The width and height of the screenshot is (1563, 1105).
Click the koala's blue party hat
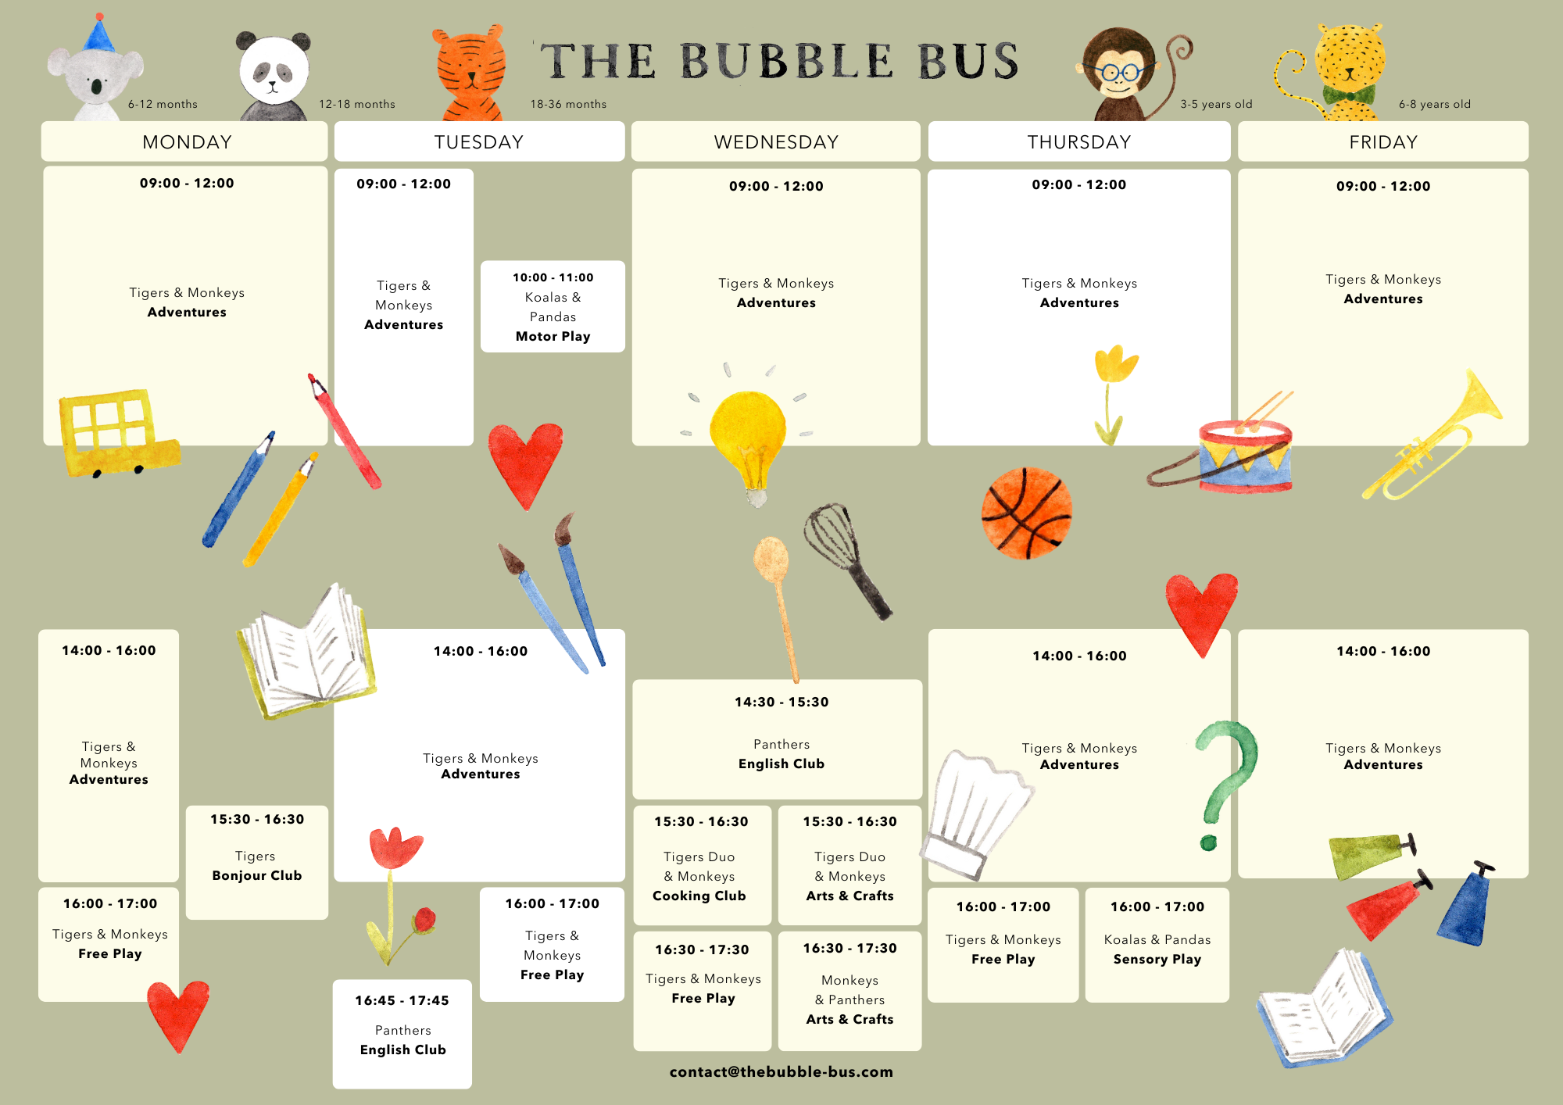[98, 35]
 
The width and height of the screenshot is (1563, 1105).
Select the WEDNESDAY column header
[776, 142]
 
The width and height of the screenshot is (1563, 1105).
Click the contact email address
[781, 1071]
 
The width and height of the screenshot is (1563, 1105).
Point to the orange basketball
[1026, 513]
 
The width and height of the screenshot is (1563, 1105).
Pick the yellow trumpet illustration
[1430, 438]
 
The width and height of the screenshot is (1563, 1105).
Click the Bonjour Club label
[256, 875]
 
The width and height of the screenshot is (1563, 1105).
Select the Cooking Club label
[699, 896]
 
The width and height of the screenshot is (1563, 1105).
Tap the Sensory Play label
[1157, 959]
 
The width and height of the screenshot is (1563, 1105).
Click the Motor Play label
[553, 336]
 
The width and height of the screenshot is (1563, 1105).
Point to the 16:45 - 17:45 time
[402, 1000]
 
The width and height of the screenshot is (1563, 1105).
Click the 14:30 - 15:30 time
[781, 702]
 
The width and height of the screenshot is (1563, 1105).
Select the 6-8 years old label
[1434, 104]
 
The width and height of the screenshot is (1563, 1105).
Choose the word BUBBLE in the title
[785, 61]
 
